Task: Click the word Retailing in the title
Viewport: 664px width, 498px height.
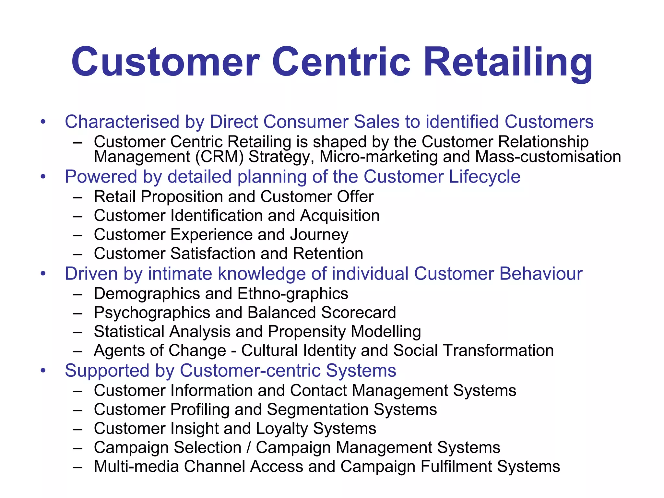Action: pos(508,62)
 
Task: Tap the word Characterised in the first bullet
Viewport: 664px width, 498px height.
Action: pos(122,122)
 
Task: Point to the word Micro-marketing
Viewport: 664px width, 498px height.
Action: pos(379,157)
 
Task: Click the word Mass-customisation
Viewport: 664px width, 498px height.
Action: pos(548,157)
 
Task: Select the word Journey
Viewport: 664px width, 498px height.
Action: pos(319,235)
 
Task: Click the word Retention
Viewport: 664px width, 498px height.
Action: pos(328,254)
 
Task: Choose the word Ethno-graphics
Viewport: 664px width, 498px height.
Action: pos(293,294)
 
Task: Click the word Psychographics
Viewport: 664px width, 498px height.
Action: pos(152,313)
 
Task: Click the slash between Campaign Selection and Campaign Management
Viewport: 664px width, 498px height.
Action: pos(249,448)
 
